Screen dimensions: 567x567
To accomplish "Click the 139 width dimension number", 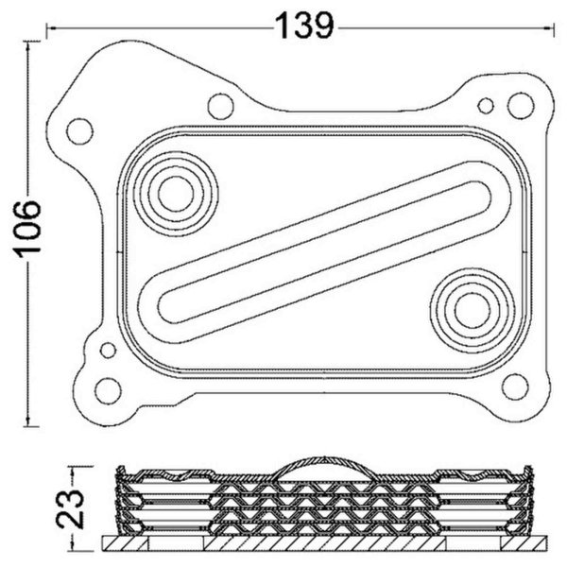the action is tap(304, 26).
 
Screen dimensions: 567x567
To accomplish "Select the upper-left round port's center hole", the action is tap(176, 194).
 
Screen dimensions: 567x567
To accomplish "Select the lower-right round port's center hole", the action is tap(472, 311).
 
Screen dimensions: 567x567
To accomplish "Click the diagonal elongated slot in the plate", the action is tap(324, 252).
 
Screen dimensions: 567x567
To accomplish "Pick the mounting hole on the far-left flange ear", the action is tap(80, 131).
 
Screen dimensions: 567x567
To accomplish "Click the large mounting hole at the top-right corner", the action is tap(521, 106).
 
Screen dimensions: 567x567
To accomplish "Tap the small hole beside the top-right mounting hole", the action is tap(486, 106).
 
